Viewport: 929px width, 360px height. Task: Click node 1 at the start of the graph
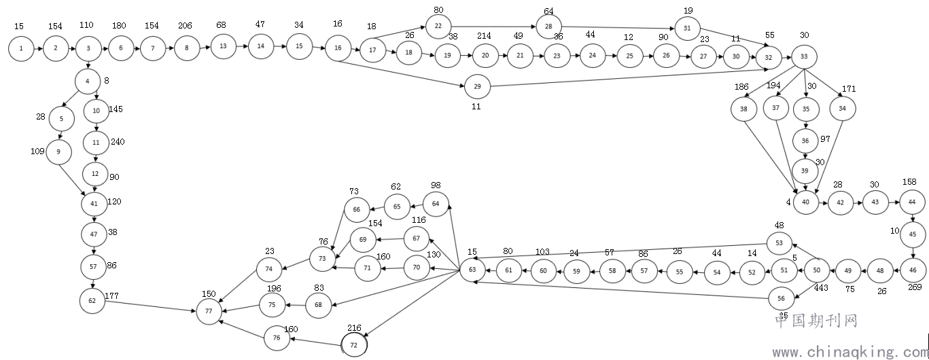[21, 49]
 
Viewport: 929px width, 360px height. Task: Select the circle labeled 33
[804, 55]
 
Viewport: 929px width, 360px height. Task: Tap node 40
[806, 202]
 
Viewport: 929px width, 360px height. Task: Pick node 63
[472, 270]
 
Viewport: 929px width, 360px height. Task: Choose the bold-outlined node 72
[353, 345]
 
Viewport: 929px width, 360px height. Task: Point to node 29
[477, 87]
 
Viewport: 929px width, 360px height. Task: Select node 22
[438, 26]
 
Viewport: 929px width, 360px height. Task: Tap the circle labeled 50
[817, 270]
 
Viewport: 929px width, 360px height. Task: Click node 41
[94, 202]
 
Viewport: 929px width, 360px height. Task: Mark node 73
[323, 259]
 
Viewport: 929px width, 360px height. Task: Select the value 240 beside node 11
[118, 141]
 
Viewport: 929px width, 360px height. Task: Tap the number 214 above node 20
[484, 35]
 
